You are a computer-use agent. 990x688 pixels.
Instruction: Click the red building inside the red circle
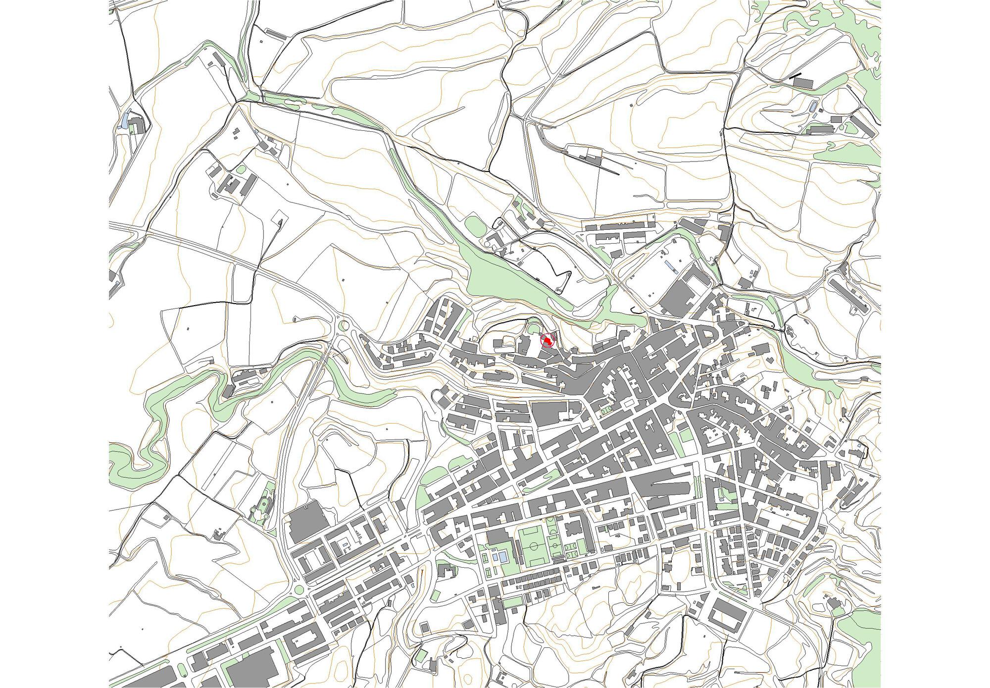point(547,341)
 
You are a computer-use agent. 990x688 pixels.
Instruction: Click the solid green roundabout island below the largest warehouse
point(299,589)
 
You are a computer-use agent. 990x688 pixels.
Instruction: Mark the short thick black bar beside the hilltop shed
point(795,76)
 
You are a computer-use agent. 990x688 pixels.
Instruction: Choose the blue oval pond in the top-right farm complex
point(811,106)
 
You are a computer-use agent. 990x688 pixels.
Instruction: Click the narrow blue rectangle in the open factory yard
point(670,266)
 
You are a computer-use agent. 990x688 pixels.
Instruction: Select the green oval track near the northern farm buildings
point(474,227)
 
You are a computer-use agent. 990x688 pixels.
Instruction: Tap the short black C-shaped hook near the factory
point(634,311)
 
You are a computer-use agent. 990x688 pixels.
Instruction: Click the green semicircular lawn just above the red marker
point(533,328)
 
